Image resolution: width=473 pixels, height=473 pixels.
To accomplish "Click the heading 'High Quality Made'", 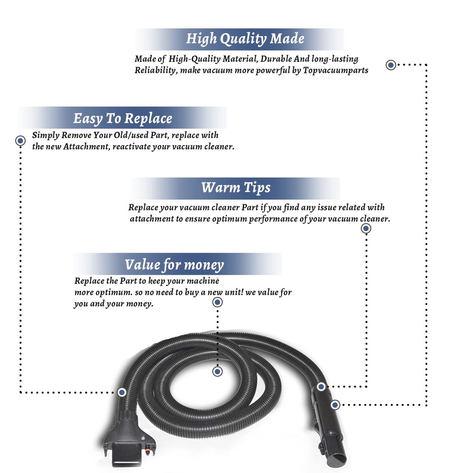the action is coord(245,39).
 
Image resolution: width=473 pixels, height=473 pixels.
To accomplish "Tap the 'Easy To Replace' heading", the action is coord(123,119).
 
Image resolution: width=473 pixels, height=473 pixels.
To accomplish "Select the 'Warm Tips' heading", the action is coord(236,188).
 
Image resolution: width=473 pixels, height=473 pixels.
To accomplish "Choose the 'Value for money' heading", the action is coord(174,265).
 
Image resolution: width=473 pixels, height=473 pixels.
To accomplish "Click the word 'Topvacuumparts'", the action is coord(335,71).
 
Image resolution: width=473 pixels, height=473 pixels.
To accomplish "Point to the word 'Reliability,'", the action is coord(155,71).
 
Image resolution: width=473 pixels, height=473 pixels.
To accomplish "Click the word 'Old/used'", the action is coord(131,135).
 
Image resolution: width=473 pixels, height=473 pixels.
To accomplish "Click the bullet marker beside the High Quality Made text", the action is coord(391,65).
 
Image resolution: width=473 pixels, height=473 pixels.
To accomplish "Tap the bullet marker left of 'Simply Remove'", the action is coord(20,141).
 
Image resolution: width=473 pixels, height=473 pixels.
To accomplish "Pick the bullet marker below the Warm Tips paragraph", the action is coord(366,229).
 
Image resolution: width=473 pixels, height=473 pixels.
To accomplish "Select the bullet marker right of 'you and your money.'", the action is coord(217,302).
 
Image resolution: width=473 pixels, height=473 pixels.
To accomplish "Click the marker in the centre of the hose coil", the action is coord(217,372).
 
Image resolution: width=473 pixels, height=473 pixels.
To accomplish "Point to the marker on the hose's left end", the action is coord(122,392).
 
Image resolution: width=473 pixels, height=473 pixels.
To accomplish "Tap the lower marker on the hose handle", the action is coord(335,405).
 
